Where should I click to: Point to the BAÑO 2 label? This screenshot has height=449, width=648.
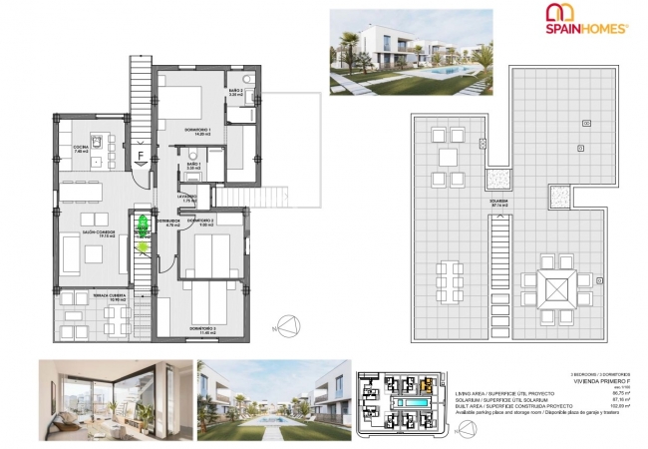coord(235,92)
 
